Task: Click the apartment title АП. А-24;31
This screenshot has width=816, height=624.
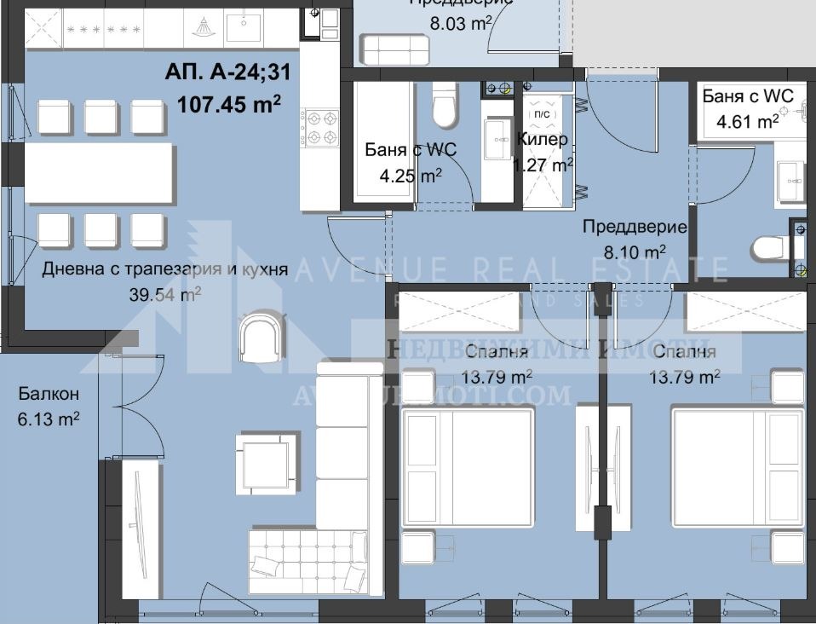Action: pyautogui.click(x=227, y=72)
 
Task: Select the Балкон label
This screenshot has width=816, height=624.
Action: pyautogui.click(x=49, y=394)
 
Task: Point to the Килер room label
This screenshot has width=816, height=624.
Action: pyautogui.click(x=542, y=139)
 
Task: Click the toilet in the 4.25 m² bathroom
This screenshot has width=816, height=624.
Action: pyautogui.click(x=445, y=104)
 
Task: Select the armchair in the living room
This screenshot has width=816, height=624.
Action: pyautogui.click(x=259, y=336)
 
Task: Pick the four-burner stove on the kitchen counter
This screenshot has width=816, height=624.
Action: pyautogui.click(x=321, y=126)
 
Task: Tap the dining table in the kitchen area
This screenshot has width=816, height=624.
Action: pyautogui.click(x=101, y=173)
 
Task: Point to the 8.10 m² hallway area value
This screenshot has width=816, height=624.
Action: pyautogui.click(x=635, y=251)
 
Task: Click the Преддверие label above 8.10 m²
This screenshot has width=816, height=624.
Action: pyautogui.click(x=635, y=227)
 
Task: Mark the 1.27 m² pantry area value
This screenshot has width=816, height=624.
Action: pyautogui.click(x=542, y=165)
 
